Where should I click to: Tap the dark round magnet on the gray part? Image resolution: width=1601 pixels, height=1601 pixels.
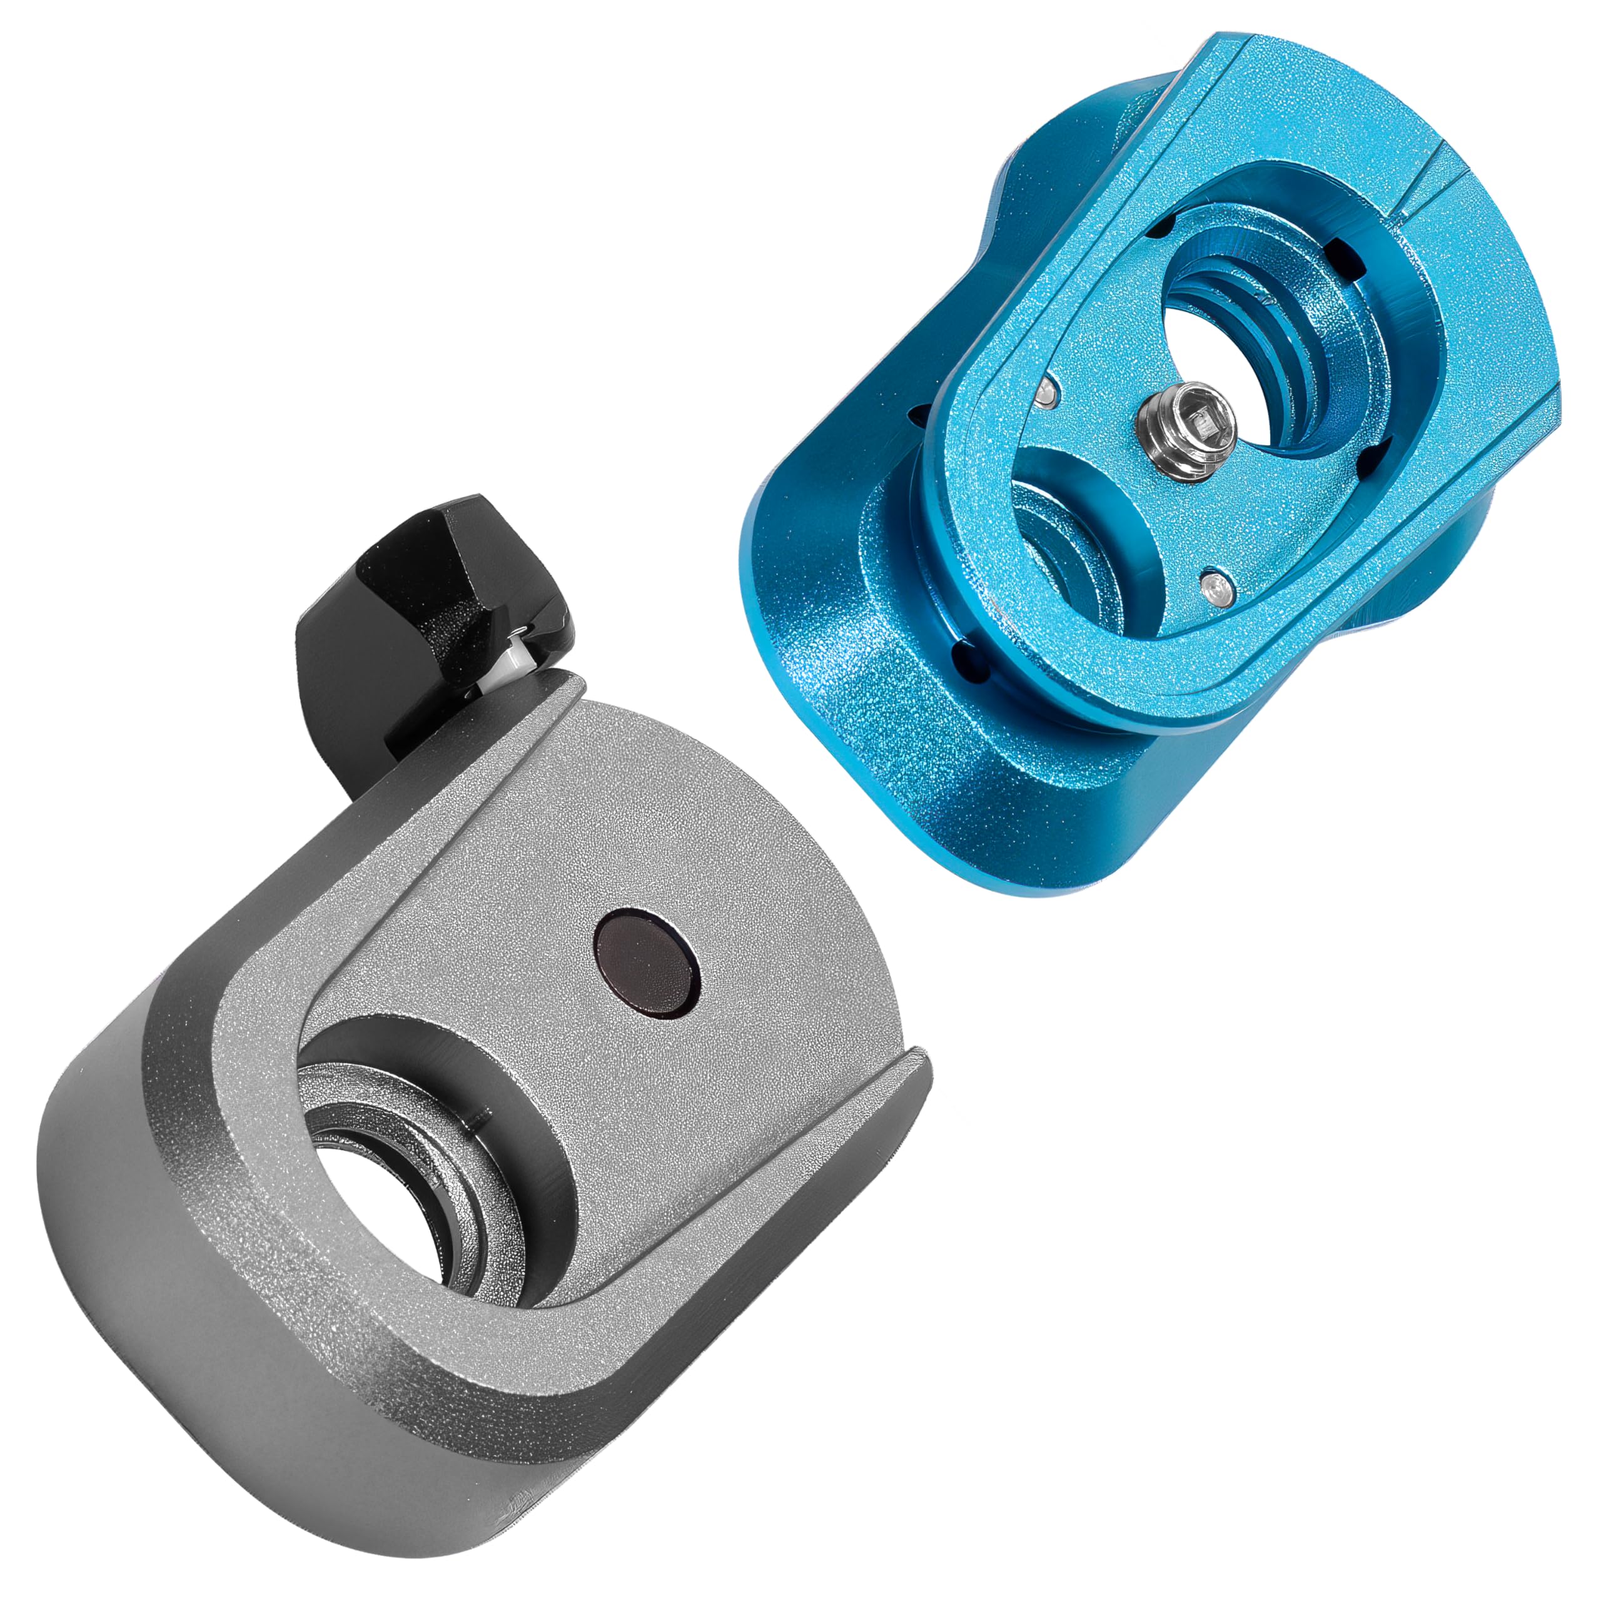click(x=648, y=964)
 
